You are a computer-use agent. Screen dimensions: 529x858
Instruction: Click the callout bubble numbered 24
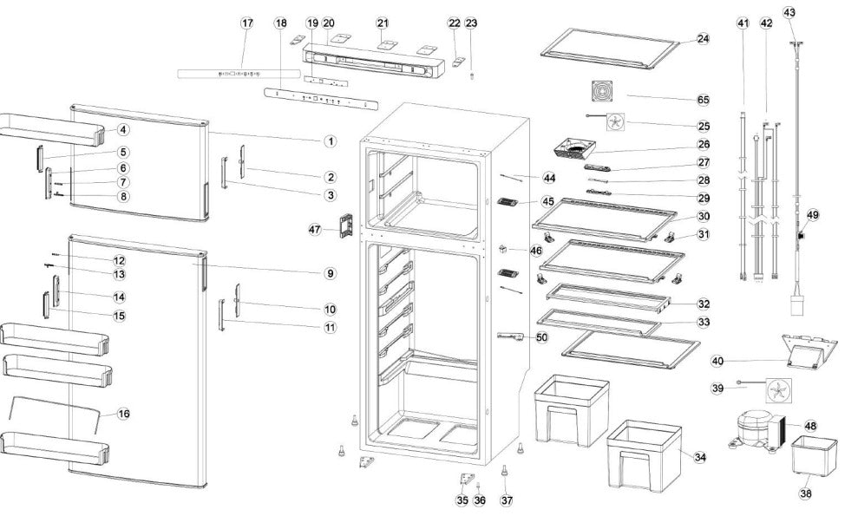point(703,39)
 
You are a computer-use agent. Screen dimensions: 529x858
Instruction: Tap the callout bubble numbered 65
point(703,100)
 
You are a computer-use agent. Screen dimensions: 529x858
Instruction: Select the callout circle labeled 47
point(315,229)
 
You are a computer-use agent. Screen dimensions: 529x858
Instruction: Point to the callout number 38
point(806,493)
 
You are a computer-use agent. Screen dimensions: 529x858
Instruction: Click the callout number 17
point(247,23)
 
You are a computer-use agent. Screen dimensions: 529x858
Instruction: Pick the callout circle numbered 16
point(123,414)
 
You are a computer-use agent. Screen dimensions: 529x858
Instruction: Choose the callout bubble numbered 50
point(541,336)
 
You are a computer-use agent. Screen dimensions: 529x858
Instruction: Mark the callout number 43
point(789,12)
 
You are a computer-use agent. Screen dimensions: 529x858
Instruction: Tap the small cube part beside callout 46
point(504,251)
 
